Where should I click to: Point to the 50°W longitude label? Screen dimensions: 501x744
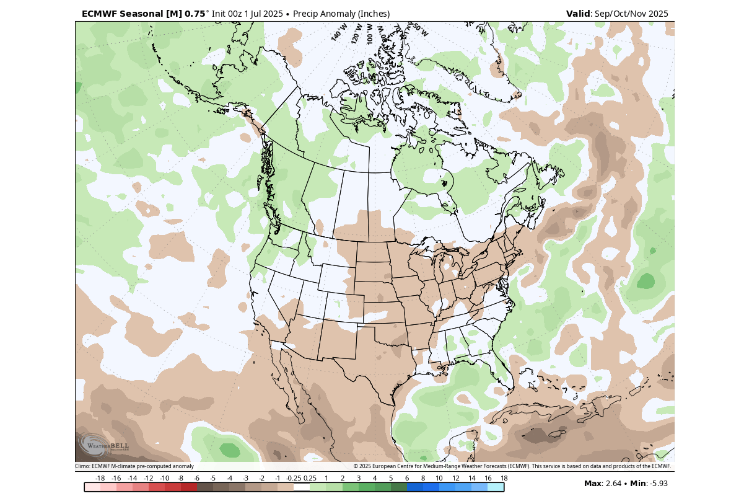click(x=420, y=29)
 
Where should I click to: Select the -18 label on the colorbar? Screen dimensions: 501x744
click(x=100, y=478)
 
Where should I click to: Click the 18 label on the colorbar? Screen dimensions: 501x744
click(x=504, y=478)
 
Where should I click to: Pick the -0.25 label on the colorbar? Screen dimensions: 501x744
click(x=294, y=478)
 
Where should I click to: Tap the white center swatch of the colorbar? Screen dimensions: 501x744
click(x=302, y=487)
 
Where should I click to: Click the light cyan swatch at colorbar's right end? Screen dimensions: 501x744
click(x=496, y=487)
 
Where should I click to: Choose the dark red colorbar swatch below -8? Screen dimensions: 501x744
click(x=188, y=487)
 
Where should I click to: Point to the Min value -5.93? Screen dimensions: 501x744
click(x=657, y=484)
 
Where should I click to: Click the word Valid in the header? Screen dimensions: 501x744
click(x=579, y=14)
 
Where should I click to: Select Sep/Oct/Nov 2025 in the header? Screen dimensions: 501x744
click(x=632, y=14)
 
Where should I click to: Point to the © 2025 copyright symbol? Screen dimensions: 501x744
click(x=356, y=466)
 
